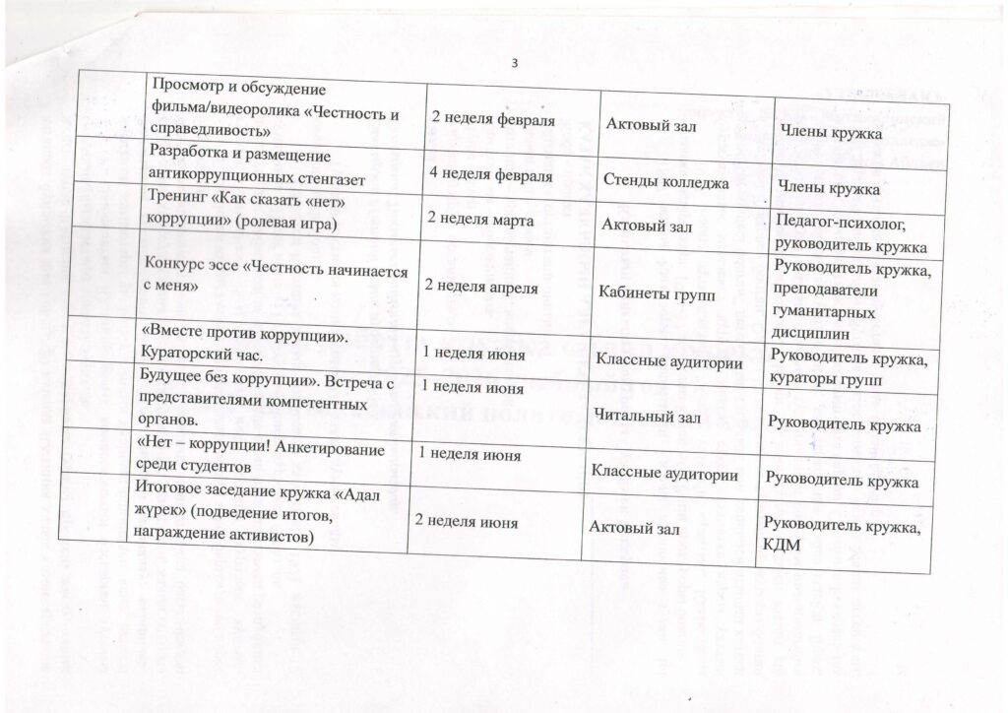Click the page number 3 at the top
pos(515,65)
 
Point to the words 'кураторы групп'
pos(826,379)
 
